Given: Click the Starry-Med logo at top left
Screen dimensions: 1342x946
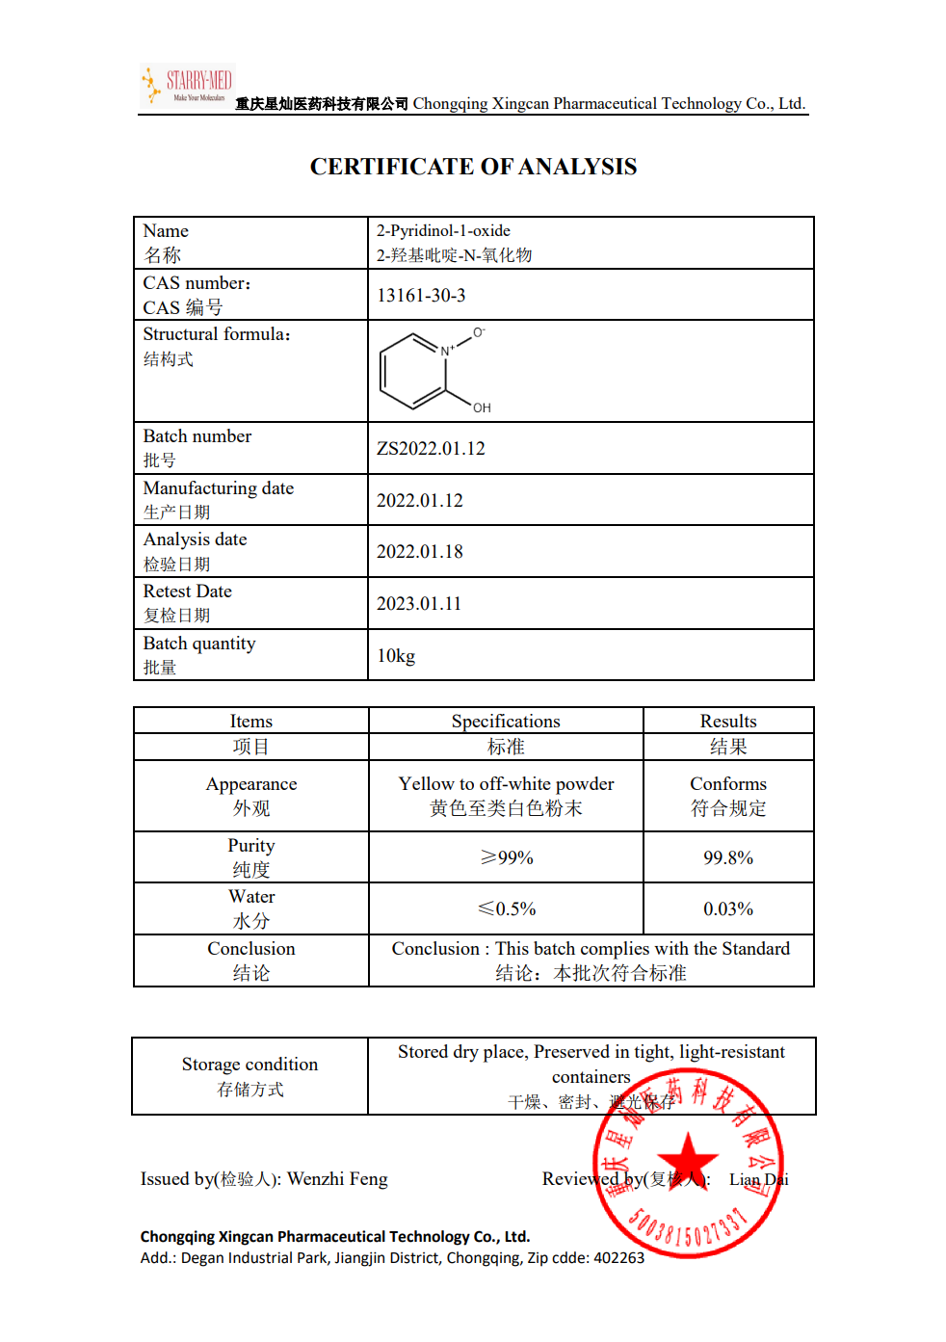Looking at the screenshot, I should pyautogui.click(x=187, y=85).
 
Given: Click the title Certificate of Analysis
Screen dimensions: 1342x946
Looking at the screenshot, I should pyautogui.click(x=473, y=167).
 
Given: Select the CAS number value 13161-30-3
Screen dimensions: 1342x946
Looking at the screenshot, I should pyautogui.click(x=421, y=296).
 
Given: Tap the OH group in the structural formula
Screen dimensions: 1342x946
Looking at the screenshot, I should pyautogui.click(x=482, y=408).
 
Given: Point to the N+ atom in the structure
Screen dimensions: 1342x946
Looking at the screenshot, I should pyautogui.click(x=447, y=351).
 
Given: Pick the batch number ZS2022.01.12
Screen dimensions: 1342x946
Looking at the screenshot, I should pyautogui.click(x=431, y=449).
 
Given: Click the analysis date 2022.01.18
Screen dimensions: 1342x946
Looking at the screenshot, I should pyautogui.click(x=419, y=552).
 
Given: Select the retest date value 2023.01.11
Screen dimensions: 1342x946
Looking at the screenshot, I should pyautogui.click(x=419, y=604).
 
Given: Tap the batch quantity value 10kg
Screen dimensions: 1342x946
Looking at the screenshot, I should pyautogui.click(x=396, y=656).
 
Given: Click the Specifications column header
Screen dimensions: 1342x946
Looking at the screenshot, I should pyautogui.click(x=506, y=722).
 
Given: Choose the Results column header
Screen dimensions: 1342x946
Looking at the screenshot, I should pyautogui.click(x=728, y=722).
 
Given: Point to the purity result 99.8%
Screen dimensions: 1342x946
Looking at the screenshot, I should pyautogui.click(x=728, y=857).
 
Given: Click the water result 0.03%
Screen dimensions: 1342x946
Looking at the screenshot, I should pyautogui.click(x=728, y=908).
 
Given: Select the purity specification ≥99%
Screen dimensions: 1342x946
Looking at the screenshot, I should pyautogui.click(x=506, y=857).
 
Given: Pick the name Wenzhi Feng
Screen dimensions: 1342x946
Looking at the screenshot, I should pyautogui.click(x=337, y=1179).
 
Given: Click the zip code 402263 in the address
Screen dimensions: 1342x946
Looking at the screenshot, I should pyautogui.click(x=618, y=1258).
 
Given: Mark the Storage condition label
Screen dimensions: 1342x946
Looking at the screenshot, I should pyautogui.click(x=250, y=1065).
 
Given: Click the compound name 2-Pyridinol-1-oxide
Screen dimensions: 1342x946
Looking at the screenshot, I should pyautogui.click(x=443, y=231).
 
